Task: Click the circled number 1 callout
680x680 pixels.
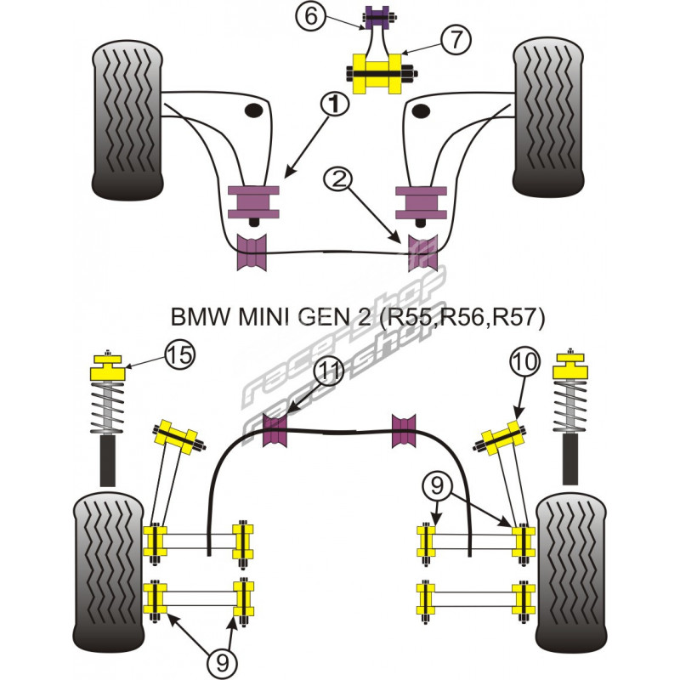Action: (335, 104)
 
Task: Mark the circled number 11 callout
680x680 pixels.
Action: (327, 371)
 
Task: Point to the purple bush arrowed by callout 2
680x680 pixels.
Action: (422, 251)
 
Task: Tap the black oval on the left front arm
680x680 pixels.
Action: (252, 111)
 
